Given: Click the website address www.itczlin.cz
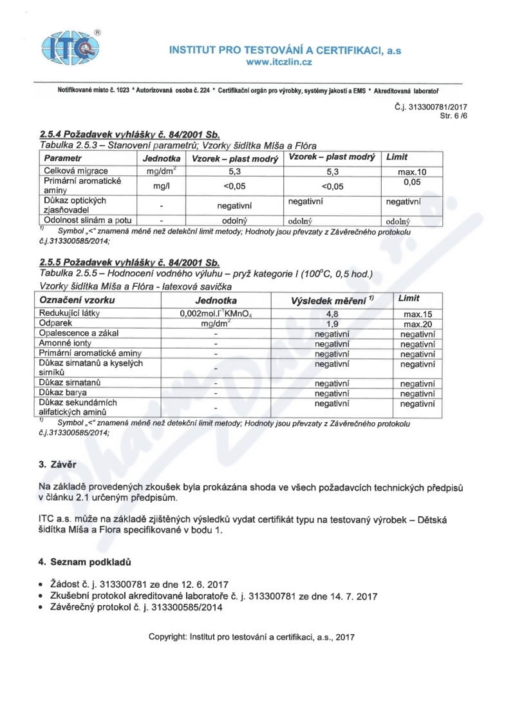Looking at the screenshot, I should [x=285, y=62].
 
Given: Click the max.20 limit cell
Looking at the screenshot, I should [x=417, y=324].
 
